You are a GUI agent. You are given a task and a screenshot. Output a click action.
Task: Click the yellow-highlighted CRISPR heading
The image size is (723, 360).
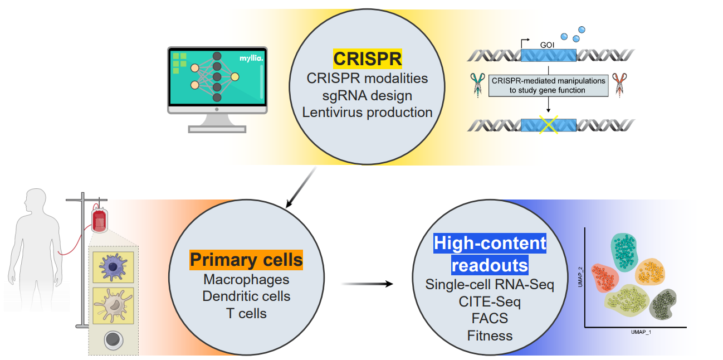point(367,59)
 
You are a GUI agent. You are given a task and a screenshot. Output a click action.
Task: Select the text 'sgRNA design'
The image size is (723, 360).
point(367,95)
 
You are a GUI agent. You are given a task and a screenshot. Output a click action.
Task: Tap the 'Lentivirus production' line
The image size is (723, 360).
point(367,112)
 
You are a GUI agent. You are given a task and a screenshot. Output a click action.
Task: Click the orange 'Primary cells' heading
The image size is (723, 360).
point(246,260)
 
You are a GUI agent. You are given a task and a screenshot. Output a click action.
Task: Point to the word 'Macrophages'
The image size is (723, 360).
point(246,279)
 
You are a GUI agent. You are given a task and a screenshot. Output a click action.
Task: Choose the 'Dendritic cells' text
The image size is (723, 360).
point(246,296)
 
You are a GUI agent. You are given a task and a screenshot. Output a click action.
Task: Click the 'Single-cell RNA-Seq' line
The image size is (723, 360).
point(490,284)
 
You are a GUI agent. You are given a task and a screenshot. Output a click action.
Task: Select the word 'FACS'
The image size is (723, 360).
point(490,319)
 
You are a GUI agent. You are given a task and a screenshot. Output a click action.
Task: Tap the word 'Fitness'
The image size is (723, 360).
point(490,335)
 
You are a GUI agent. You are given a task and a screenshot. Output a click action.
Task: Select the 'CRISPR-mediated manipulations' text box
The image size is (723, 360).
point(548,85)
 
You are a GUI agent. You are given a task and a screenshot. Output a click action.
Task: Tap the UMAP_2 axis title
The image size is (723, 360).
point(579,277)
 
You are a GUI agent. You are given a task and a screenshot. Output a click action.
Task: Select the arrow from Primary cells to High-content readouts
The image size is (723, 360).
point(367,284)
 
